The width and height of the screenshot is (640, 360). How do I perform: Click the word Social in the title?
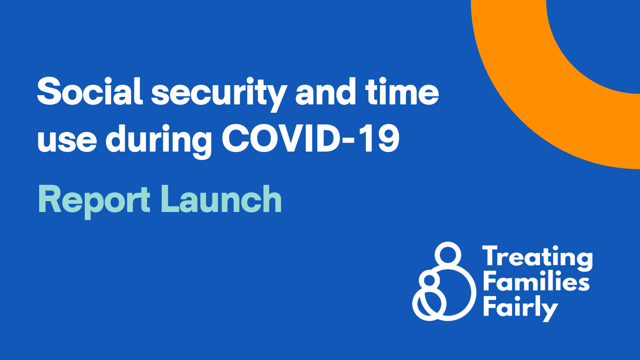90,92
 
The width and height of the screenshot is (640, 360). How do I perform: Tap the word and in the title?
326,92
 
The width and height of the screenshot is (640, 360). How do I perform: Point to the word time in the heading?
402,92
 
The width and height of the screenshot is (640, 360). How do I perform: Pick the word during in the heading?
158,140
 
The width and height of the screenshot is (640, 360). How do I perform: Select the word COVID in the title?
282,138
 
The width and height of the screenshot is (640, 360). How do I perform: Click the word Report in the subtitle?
94,200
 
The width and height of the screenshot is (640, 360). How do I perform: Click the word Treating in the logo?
537,257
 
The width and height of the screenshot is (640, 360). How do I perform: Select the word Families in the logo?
536,282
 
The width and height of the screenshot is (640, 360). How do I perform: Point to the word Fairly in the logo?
520,307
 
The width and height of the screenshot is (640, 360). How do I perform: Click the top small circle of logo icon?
448,254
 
